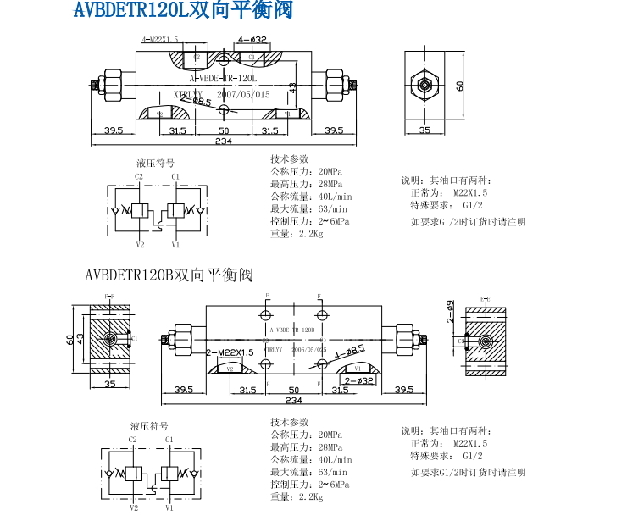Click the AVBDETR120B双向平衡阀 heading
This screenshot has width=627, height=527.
[x=169, y=275]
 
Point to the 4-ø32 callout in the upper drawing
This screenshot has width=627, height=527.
[x=252, y=39]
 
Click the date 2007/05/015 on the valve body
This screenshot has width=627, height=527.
[x=244, y=95]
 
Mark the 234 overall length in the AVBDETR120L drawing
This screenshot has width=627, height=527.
[x=224, y=141]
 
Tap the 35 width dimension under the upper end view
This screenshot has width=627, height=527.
[x=424, y=130]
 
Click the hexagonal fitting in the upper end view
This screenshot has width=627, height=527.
[x=424, y=84]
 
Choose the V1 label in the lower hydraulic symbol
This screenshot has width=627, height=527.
[x=169, y=508]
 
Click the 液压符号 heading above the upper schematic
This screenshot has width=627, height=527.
[x=156, y=163]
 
